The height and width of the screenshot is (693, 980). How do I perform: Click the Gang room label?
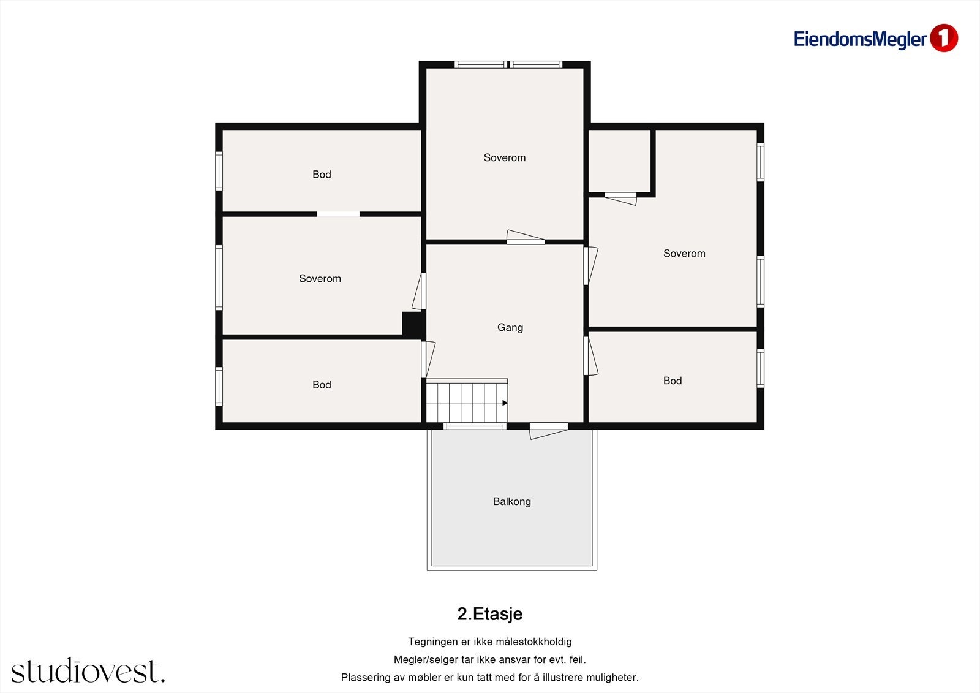pyautogui.click(x=510, y=327)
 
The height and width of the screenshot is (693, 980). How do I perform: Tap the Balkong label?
pyautogui.click(x=512, y=501)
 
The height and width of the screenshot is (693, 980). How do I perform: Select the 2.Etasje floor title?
pyautogui.click(x=489, y=614)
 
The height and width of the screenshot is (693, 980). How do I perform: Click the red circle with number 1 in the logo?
pyautogui.click(x=944, y=38)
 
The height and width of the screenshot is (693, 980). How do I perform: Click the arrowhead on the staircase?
pyautogui.click(x=505, y=403)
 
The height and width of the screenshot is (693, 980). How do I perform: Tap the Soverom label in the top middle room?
pyautogui.click(x=505, y=157)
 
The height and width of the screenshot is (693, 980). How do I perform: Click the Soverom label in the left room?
pyautogui.click(x=320, y=278)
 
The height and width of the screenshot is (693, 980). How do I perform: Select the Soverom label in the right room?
pyautogui.click(x=684, y=254)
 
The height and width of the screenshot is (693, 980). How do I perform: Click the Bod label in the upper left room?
pyautogui.click(x=322, y=174)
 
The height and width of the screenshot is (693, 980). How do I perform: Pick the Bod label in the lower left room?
pyautogui.click(x=322, y=384)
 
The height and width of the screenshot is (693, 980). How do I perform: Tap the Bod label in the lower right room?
pyautogui.click(x=673, y=381)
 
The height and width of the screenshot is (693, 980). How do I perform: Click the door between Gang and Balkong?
pyautogui.click(x=549, y=431)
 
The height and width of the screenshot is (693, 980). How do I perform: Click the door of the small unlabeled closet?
pyautogui.click(x=620, y=198)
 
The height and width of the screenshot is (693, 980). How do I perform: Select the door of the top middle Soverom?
pyautogui.click(x=526, y=237)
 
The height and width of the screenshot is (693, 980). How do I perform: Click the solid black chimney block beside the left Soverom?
pyautogui.click(x=413, y=324)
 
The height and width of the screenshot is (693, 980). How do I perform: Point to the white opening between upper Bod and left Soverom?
pyautogui.click(x=338, y=214)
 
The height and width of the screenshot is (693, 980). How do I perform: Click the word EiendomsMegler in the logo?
pyautogui.click(x=860, y=39)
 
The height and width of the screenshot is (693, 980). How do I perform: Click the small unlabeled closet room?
pyautogui.click(x=619, y=161)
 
